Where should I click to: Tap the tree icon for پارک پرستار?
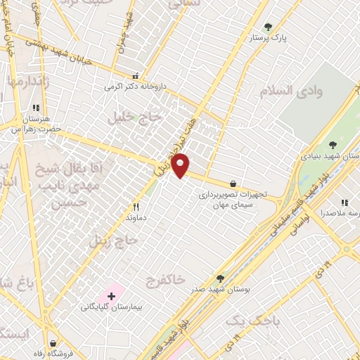click(x=266, y=28)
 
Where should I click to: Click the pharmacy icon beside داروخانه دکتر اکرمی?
click(x=135, y=76)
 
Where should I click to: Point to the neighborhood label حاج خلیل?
click(x=135, y=118)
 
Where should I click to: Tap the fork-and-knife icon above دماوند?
click(x=136, y=208)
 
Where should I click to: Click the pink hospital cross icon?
click(x=111, y=295)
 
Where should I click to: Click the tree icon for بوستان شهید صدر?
click(x=221, y=278)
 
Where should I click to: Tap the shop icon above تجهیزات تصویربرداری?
click(x=233, y=184)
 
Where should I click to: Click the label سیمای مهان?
click(x=224, y=205)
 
